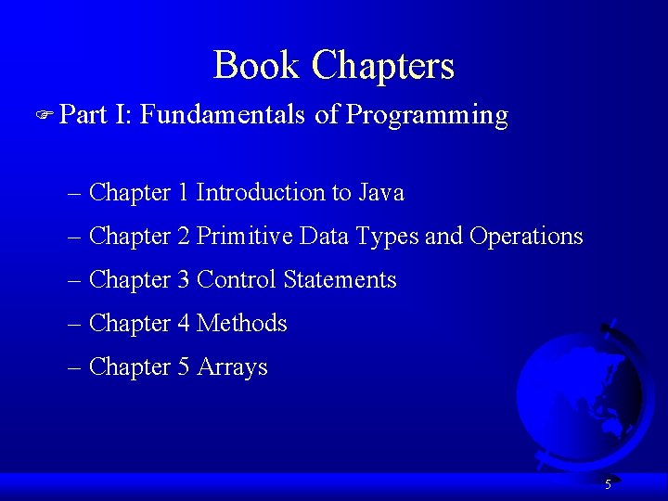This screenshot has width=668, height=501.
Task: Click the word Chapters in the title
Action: tap(383, 66)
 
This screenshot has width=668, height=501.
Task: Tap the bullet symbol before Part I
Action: tap(51, 115)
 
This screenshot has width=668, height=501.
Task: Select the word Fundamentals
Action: tap(223, 115)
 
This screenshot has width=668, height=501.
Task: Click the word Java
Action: tap(381, 193)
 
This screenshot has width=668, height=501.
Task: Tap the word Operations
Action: tap(526, 237)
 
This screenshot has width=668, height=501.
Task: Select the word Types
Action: tap(388, 238)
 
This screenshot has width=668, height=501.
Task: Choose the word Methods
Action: tap(242, 324)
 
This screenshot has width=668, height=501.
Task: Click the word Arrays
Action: tap(232, 367)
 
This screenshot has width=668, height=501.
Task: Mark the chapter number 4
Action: tap(184, 324)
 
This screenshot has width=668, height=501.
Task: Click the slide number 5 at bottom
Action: tap(608, 484)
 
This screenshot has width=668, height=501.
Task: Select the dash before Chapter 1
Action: tap(75, 194)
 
